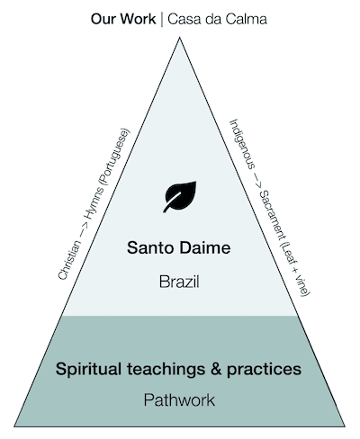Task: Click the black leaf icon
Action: tap(180, 196)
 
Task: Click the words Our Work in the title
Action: tap(123, 19)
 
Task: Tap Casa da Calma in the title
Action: tap(217, 19)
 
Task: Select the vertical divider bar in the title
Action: tap(162, 19)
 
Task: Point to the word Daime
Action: tap(203, 248)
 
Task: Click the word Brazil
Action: tap(179, 282)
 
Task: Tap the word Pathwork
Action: tap(179, 400)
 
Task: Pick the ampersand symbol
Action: tap(216, 369)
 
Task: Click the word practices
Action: tap(264, 370)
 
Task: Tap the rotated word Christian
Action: tap(69, 260)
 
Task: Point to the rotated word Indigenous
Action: tap(242, 144)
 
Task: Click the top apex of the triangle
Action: tap(179, 38)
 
